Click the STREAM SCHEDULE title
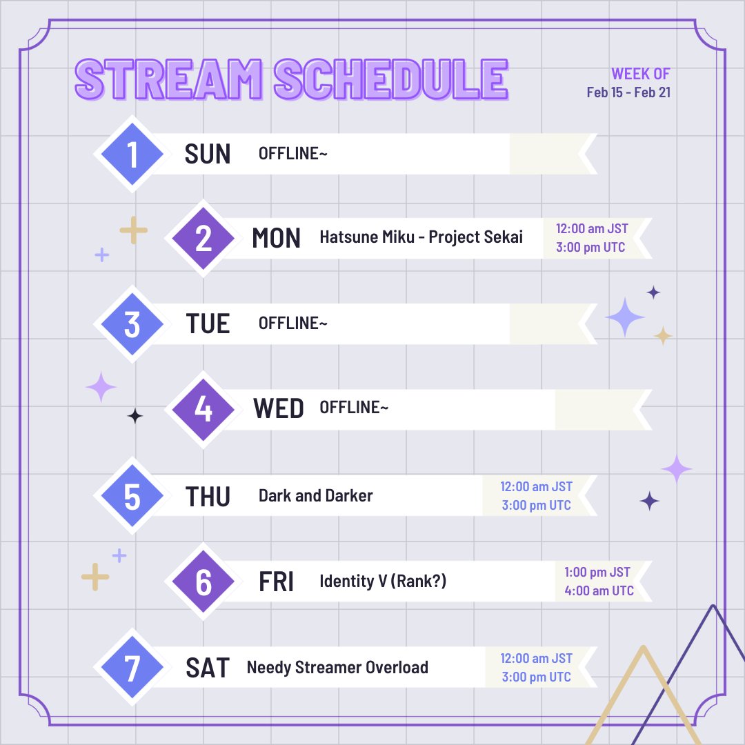pos(291,79)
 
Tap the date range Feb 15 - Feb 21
pos(628,92)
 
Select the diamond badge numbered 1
pos(132,154)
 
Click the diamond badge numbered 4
pos(203,409)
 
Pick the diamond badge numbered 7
pos(132,667)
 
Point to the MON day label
pos(276,238)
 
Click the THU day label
pos(208,496)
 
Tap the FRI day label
pos(276,582)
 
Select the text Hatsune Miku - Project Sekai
pos(421,237)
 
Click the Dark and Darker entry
pos(315,495)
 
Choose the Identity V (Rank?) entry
pos(383,581)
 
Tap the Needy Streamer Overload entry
pos(337,667)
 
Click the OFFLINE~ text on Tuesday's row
pos(292,323)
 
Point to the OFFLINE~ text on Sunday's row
pos(292,153)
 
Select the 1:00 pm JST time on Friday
pos(597,572)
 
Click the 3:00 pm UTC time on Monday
pos(590,248)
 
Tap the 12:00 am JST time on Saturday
pos(536,658)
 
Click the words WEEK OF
pos(640,74)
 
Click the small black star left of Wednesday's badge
pos(135,415)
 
